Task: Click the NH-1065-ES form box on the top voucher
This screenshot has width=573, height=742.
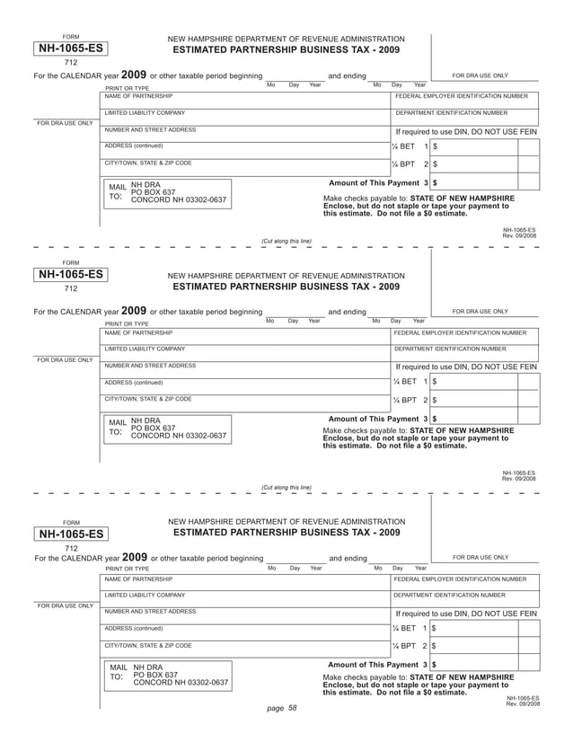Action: click(70, 49)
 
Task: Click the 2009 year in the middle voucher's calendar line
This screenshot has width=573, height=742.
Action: click(133, 311)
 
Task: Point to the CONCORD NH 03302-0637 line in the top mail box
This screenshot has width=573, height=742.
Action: click(179, 199)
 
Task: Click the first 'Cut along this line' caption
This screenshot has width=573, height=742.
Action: click(286, 241)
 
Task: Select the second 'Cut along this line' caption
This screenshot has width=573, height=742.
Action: click(286, 487)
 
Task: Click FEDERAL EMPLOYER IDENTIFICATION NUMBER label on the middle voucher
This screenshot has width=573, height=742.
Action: click(461, 332)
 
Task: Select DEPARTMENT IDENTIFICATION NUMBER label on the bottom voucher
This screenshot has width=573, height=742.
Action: click(450, 595)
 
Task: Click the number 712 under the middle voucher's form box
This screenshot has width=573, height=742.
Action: click(70, 289)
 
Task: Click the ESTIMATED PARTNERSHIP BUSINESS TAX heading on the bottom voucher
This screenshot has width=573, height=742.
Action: click(286, 532)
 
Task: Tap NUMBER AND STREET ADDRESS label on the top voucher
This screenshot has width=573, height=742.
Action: click(150, 129)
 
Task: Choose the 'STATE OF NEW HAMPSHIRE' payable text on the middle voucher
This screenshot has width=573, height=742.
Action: click(471, 430)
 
